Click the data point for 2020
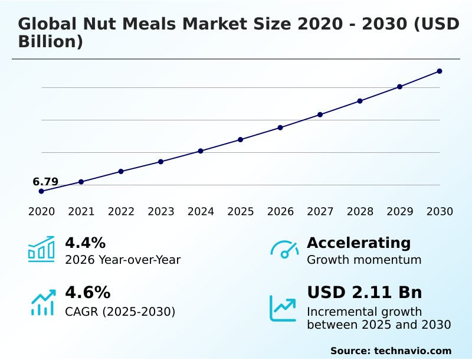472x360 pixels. click(x=41, y=191)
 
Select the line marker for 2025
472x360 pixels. click(x=240, y=140)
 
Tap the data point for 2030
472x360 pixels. click(x=440, y=71)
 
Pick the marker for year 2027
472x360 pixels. click(x=320, y=114)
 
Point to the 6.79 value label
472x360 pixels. click(x=45, y=182)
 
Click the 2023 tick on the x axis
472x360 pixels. click(x=160, y=212)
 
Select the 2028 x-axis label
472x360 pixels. click(x=360, y=212)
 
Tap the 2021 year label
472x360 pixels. click(x=81, y=212)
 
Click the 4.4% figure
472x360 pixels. click(x=85, y=243)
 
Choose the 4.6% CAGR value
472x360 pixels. click(x=87, y=293)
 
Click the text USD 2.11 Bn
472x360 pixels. click(x=364, y=293)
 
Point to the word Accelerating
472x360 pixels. click(x=359, y=243)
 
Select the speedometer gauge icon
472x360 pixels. click(x=284, y=250)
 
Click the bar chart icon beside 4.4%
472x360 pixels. click(x=41, y=250)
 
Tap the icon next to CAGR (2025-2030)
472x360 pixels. click(x=42, y=302)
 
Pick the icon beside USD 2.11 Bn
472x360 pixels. click(x=283, y=308)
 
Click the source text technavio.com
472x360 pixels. click(x=412, y=351)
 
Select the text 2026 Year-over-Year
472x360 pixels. click(x=123, y=260)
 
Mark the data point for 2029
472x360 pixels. click(x=399, y=87)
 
